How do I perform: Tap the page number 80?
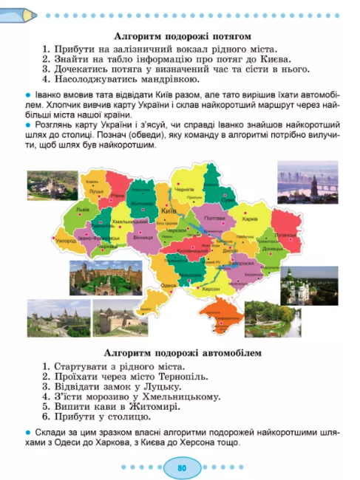181,467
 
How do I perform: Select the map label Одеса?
167,285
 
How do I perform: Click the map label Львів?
82,210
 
